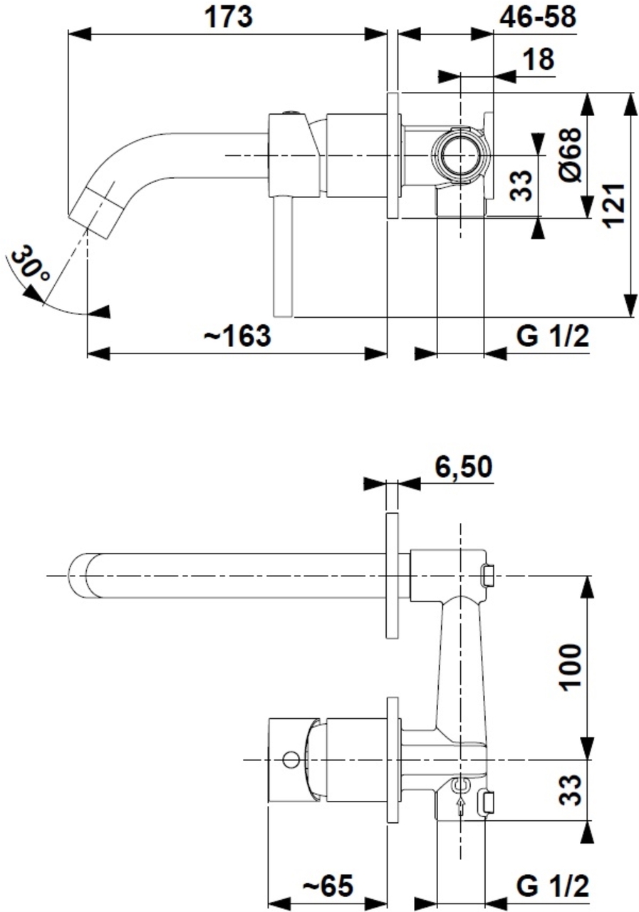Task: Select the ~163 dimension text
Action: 237,336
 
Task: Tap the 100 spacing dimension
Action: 570,667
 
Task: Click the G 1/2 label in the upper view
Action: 553,336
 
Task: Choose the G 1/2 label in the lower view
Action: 553,887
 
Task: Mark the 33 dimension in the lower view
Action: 570,789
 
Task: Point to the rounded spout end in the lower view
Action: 78,575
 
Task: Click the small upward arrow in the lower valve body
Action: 461,804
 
